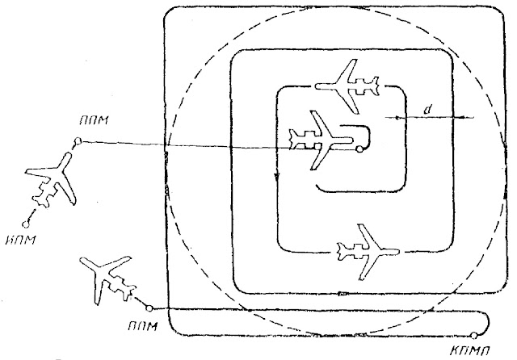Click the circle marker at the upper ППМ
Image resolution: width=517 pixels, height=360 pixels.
tap(77, 142)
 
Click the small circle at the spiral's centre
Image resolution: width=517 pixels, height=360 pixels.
tap(359, 149)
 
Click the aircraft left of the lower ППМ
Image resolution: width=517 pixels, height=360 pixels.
tap(110, 278)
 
